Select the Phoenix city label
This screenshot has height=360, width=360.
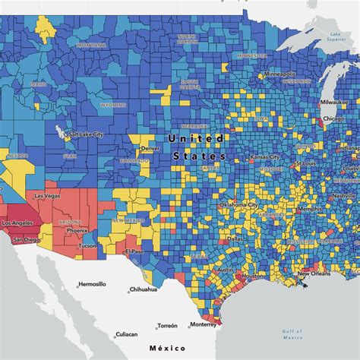pyautogui.click(x=77, y=230)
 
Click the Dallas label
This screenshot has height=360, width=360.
pyautogui.click(x=235, y=238)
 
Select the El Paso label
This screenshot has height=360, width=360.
pyautogui.click(x=135, y=251)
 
